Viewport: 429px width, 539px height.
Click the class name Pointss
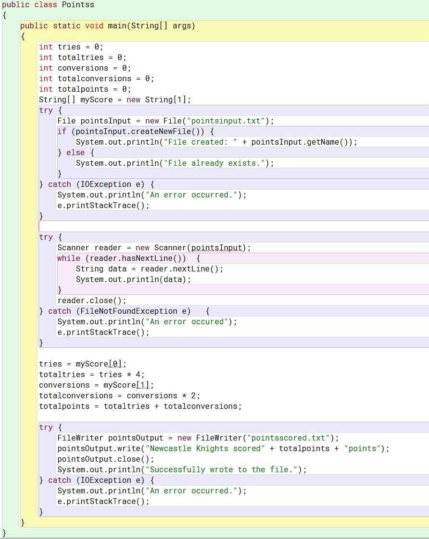coord(78,5)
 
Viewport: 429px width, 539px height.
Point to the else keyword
coord(76,153)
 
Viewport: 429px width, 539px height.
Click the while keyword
coord(69,258)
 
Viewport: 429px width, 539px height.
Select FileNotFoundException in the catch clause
coord(126,311)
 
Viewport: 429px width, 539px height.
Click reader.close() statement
coord(91,301)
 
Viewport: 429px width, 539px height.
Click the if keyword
coord(62,132)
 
